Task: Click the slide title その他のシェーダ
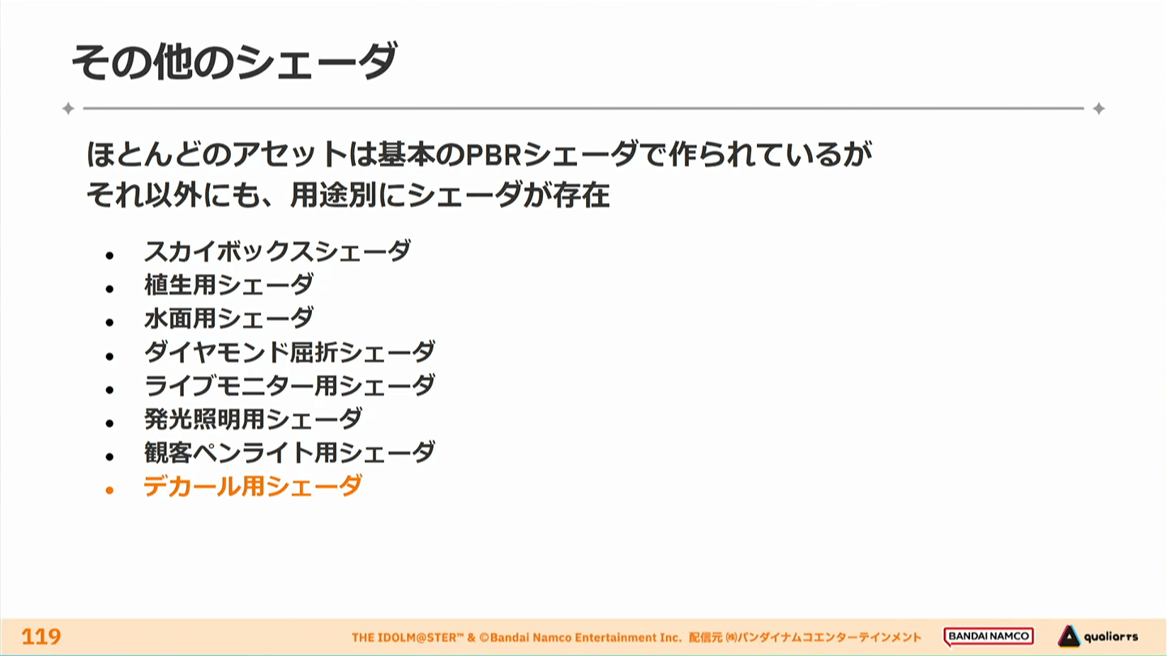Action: [x=234, y=62]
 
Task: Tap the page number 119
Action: [x=41, y=637]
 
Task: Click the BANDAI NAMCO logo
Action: [x=989, y=637]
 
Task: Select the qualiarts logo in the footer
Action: [x=1097, y=637]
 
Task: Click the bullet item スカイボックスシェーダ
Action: [x=277, y=251]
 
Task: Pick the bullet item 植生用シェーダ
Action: [x=229, y=285]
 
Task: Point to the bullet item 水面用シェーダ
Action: [x=229, y=318]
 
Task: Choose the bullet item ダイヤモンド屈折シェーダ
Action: [x=289, y=351]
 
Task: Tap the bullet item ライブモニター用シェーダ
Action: [x=289, y=385]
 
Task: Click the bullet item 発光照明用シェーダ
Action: [x=253, y=418]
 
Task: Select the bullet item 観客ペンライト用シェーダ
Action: [x=289, y=452]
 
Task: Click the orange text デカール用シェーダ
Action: [x=253, y=486]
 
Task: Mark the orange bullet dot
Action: [x=109, y=490]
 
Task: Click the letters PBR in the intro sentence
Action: [x=493, y=155]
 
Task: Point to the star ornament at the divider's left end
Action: [x=68, y=109]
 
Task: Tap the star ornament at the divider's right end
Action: [x=1099, y=109]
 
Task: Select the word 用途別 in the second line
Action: [x=332, y=195]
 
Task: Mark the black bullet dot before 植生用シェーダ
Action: [x=109, y=289]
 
